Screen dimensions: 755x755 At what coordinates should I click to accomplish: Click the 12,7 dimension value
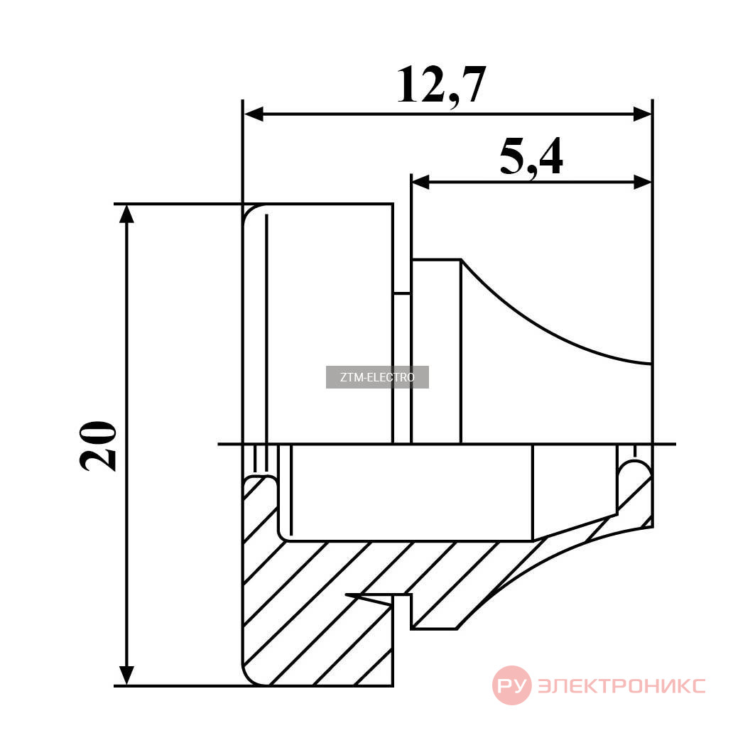[x=441, y=86]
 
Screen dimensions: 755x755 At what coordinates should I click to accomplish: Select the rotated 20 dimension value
[x=98, y=446]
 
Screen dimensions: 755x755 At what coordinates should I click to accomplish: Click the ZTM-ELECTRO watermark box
[x=377, y=377]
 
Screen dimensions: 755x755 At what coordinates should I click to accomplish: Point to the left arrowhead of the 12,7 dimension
[x=254, y=114]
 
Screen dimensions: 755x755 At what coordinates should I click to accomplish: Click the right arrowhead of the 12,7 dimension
[x=642, y=114]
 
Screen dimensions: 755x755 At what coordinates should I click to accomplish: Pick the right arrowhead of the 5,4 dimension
[x=642, y=183]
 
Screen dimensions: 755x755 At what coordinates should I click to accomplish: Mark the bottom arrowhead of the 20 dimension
[x=126, y=675]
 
